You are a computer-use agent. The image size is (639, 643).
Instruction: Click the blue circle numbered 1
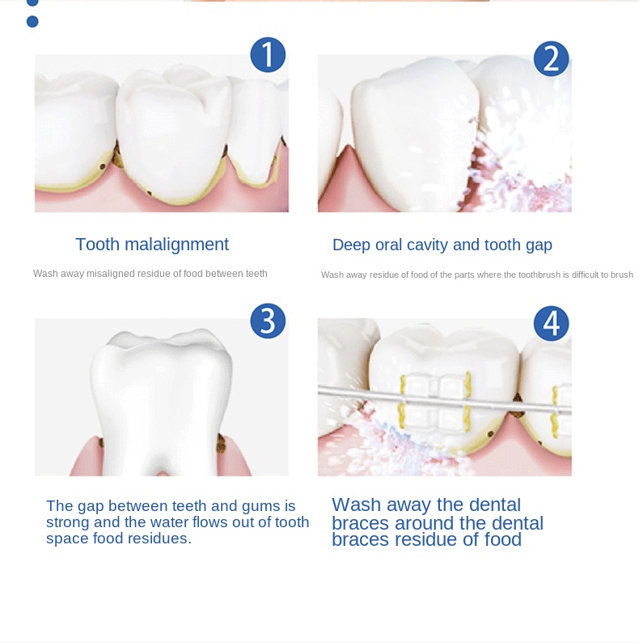pos(268,55)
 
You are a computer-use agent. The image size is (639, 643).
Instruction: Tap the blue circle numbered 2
pos(552,58)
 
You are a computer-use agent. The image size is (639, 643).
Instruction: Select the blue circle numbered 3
pos(268,321)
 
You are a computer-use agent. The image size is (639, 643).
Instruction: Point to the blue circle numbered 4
pos(552,324)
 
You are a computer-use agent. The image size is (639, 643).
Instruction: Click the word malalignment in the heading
pos(176,245)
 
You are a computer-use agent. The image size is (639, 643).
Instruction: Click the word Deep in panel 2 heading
pos(351,245)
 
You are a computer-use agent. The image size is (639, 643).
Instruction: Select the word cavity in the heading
pos(425,245)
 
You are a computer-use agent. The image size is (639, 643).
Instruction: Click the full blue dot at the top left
pos(32,21)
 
